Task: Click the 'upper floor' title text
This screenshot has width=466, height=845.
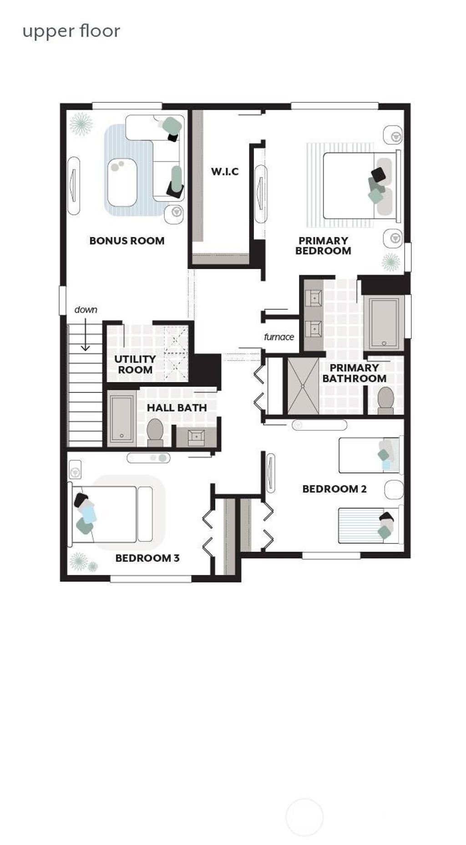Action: [x=71, y=31]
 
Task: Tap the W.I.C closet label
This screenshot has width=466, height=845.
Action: [x=225, y=171]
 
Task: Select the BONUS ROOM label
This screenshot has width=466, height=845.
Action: [x=127, y=241]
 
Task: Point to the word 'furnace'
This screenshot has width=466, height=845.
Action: [x=279, y=337]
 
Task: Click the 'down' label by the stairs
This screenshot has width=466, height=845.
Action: [x=86, y=310]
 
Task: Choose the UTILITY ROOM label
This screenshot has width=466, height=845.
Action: [x=135, y=364]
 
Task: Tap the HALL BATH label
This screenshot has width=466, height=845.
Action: [x=177, y=407]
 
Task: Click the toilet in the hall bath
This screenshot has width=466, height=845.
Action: [x=155, y=432]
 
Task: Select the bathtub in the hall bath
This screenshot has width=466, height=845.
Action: [x=122, y=419]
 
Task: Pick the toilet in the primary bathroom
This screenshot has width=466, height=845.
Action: [x=386, y=400]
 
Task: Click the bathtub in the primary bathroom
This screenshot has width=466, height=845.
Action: [x=385, y=322]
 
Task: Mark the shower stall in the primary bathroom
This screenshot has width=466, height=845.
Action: [x=303, y=386]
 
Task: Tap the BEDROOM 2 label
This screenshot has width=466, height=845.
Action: [x=334, y=489]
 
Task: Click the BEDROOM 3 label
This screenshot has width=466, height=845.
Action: [x=147, y=558]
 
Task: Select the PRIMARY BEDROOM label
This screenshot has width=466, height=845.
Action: [x=323, y=246]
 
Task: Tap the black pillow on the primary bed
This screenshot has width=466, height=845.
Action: [x=378, y=174]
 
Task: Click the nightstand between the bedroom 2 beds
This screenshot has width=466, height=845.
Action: [x=394, y=490]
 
